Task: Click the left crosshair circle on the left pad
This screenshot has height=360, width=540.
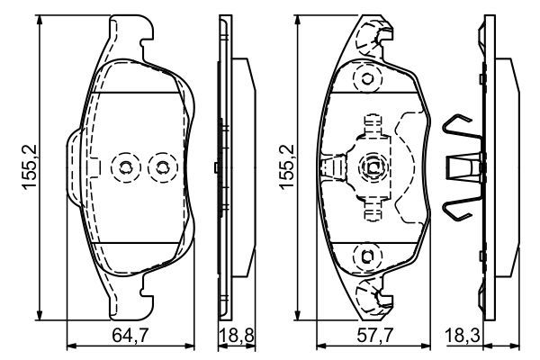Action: click(x=125, y=166)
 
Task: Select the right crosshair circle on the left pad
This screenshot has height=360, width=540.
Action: click(x=162, y=166)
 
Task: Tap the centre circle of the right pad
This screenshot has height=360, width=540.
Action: click(x=372, y=166)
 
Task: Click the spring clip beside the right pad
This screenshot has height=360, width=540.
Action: click(x=463, y=166)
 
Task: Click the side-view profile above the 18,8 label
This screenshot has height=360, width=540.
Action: click(x=229, y=166)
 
